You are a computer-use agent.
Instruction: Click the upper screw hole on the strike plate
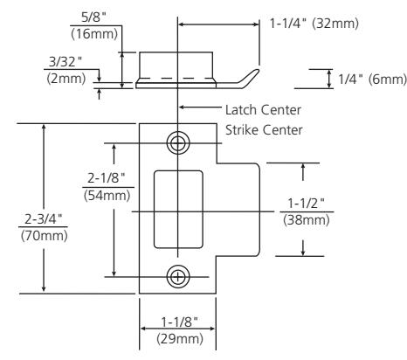point(178,143)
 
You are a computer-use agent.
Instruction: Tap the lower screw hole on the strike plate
point(178,276)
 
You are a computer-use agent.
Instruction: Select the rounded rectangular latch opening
point(178,210)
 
